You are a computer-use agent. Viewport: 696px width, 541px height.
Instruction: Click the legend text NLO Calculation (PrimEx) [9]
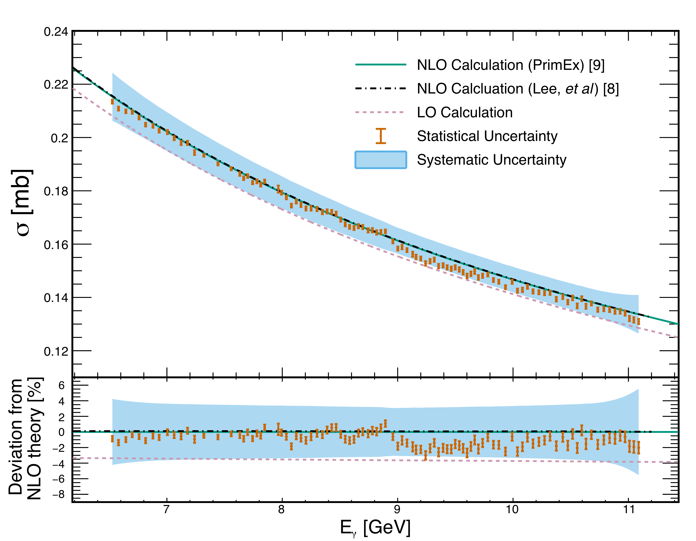511,65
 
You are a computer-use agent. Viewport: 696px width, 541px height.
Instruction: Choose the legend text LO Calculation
465,112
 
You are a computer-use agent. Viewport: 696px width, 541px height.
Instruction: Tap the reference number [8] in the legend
611,89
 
